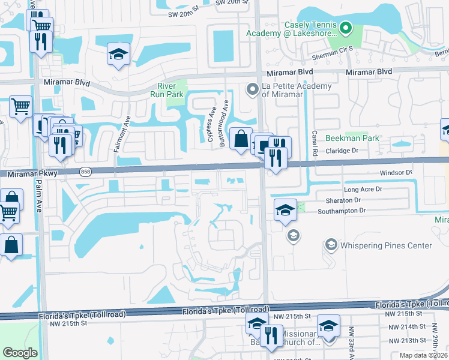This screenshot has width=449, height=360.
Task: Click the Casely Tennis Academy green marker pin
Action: click(345, 28)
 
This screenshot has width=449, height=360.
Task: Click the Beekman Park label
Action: click(352, 138)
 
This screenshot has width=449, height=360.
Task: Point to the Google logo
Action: click(20, 353)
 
